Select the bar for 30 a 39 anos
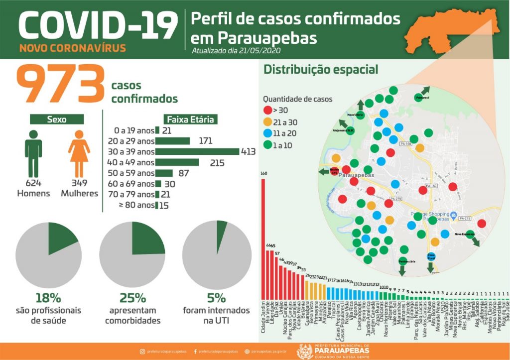[x=197, y=151]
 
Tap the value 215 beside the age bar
[x=217, y=163]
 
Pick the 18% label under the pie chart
[x=48, y=298]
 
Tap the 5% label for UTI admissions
[x=216, y=298]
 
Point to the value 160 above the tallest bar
[x=263, y=174]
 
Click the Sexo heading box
[x=57, y=120]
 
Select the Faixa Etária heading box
[x=190, y=120]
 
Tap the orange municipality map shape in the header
[x=451, y=32]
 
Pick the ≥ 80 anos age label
[x=137, y=205]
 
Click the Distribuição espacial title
[x=321, y=70]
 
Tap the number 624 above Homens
[x=33, y=183]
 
